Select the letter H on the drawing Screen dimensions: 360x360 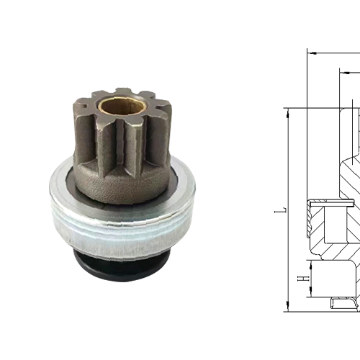click(x=305, y=276)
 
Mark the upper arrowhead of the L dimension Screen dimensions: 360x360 click(x=287, y=113)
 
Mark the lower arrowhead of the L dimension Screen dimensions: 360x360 click(x=287, y=307)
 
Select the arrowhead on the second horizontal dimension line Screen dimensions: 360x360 click(x=339, y=72)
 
